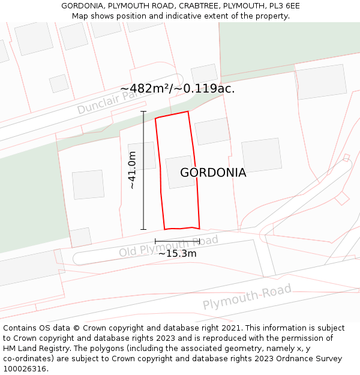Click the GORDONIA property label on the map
[x=213, y=173]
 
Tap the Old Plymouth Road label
[x=169, y=246]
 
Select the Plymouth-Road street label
[x=247, y=297]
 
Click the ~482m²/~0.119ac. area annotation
[x=177, y=89]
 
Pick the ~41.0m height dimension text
[x=132, y=170]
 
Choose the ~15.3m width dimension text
[x=177, y=253]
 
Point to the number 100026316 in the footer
[x=25, y=369]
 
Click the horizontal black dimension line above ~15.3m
[x=177, y=241]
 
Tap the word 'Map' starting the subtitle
[x=80, y=16]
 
